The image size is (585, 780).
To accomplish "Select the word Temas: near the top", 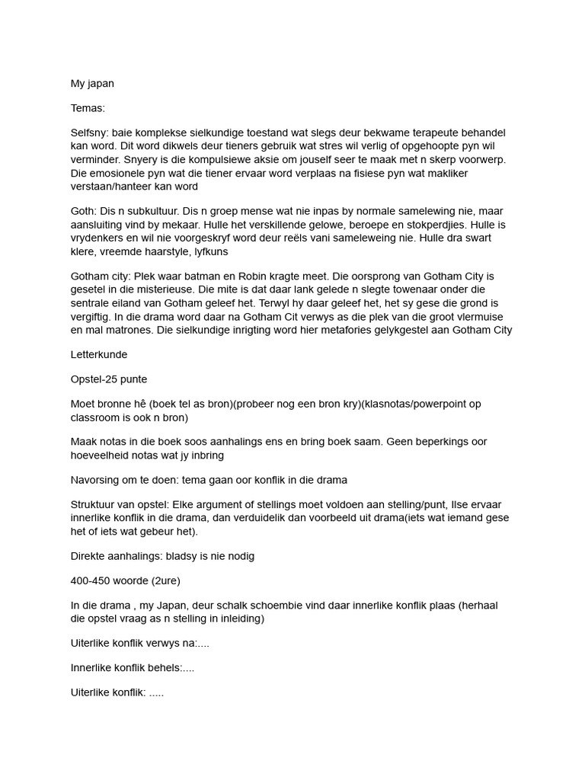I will pos(88,108).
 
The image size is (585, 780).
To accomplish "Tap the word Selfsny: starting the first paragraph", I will pos(91,133).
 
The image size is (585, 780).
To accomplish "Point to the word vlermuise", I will pos(475,316).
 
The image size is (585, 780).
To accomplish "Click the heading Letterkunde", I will pos(99,355).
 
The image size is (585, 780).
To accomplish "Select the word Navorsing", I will pos(96,480).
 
